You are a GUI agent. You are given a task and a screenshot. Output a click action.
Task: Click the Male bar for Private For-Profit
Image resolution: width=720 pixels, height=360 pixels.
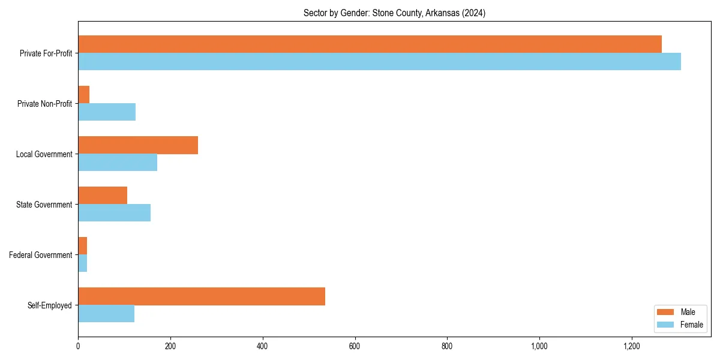[370, 44]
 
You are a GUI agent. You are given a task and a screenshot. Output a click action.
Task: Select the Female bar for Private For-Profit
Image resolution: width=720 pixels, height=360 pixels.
[379, 62]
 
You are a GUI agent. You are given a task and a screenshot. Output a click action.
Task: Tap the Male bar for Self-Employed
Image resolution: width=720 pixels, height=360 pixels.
[202, 296]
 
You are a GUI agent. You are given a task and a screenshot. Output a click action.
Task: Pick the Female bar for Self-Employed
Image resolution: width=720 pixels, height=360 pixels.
[106, 314]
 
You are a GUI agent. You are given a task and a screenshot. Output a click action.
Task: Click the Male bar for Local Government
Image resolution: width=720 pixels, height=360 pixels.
[138, 145]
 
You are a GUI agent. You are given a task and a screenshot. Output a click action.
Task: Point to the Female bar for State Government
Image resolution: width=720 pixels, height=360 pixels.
[114, 213]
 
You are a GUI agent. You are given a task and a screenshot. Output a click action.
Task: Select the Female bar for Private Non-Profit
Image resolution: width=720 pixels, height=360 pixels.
[107, 112]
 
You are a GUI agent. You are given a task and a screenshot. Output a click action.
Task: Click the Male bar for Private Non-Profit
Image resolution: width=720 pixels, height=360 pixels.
[83, 95]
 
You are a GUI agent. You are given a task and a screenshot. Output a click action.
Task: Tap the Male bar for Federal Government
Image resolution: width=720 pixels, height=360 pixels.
[82, 246]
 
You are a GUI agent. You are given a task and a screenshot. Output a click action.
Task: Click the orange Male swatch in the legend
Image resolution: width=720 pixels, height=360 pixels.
[666, 312]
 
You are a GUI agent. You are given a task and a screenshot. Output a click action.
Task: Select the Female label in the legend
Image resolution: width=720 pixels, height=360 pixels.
[691, 325]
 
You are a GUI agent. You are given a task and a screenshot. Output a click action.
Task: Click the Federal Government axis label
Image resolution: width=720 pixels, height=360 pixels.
[41, 255]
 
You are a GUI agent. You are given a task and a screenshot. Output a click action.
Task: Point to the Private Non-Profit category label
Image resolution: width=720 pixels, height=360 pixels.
[44, 104]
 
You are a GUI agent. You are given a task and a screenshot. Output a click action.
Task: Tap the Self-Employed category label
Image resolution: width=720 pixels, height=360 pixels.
[50, 305]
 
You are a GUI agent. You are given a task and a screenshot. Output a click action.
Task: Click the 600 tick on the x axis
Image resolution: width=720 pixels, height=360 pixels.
[355, 346]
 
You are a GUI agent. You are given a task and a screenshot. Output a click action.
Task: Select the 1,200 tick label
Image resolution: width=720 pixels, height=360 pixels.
[631, 346]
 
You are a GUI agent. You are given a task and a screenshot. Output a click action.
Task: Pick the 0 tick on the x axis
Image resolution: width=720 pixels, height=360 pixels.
[78, 346]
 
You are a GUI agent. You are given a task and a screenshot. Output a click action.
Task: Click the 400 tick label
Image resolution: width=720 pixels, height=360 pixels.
[262, 346]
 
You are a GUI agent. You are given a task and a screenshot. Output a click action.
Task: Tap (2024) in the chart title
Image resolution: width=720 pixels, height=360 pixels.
[474, 13]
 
